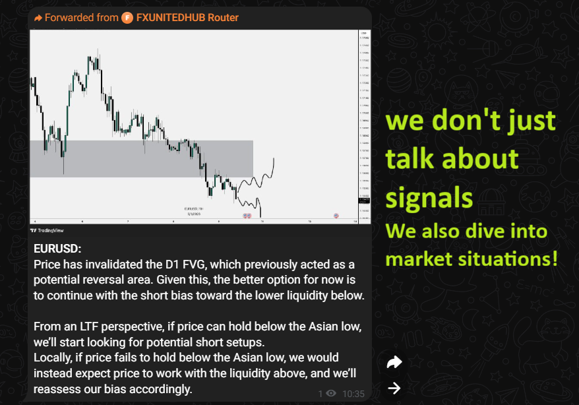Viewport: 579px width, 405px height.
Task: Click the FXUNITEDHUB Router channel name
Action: click(x=187, y=18)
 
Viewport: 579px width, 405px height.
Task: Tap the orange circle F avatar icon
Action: click(x=127, y=18)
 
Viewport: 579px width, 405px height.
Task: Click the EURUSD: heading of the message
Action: click(x=57, y=249)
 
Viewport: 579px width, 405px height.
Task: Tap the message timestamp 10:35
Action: click(x=353, y=393)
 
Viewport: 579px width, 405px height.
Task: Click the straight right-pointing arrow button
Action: click(x=394, y=388)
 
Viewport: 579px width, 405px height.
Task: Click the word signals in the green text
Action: click(x=429, y=197)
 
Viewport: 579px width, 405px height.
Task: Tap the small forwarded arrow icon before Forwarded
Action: click(x=38, y=18)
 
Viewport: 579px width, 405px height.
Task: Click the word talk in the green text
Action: click(x=417, y=159)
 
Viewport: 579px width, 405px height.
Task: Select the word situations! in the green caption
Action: click(x=506, y=258)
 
